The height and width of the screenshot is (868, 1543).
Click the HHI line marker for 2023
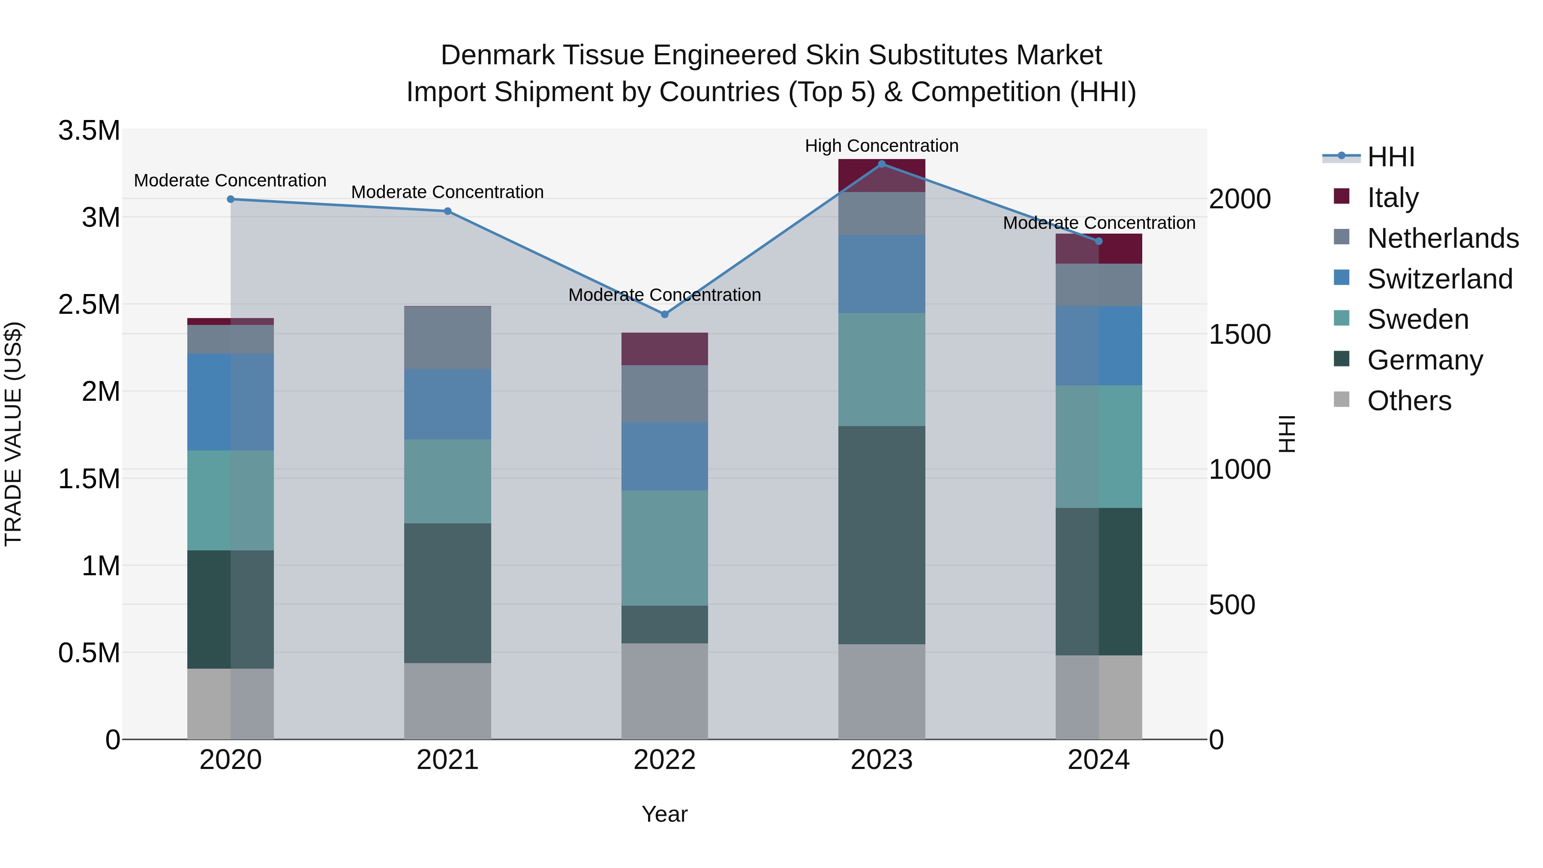(881, 164)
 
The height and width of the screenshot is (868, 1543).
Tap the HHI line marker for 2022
(664, 314)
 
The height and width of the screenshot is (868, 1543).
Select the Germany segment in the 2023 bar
(881, 535)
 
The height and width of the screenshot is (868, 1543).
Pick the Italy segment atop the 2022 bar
(664, 348)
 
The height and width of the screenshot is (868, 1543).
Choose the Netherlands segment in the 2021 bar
(447, 337)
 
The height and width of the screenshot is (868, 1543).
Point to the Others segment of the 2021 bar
(447, 701)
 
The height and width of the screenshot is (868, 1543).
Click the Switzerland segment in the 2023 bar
(881, 274)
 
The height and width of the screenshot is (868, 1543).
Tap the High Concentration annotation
(881, 146)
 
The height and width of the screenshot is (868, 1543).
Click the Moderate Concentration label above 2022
(664, 295)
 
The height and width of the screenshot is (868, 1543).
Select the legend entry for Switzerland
(1439, 279)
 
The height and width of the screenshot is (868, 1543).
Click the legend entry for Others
(1409, 401)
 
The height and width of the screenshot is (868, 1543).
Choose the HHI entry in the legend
(1391, 157)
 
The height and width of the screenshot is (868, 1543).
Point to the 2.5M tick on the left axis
(89, 304)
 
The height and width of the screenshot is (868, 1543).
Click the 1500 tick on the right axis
(1239, 334)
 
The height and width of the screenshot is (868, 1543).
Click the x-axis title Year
(664, 814)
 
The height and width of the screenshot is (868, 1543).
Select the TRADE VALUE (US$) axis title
(13, 434)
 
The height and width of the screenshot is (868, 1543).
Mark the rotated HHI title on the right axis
(1287, 434)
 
